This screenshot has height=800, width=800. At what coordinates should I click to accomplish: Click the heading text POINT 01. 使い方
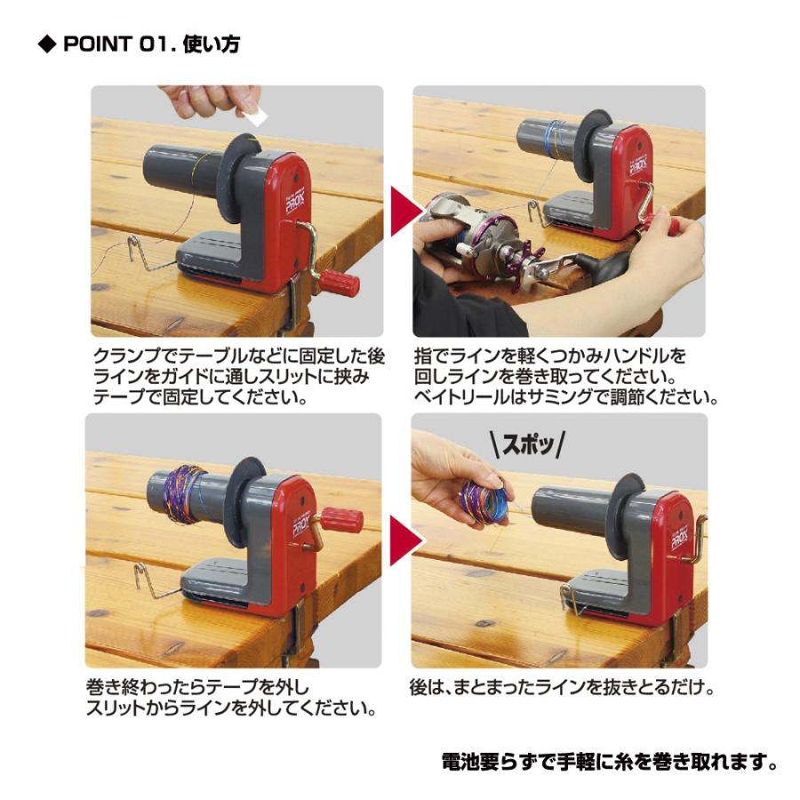pos(151,44)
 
